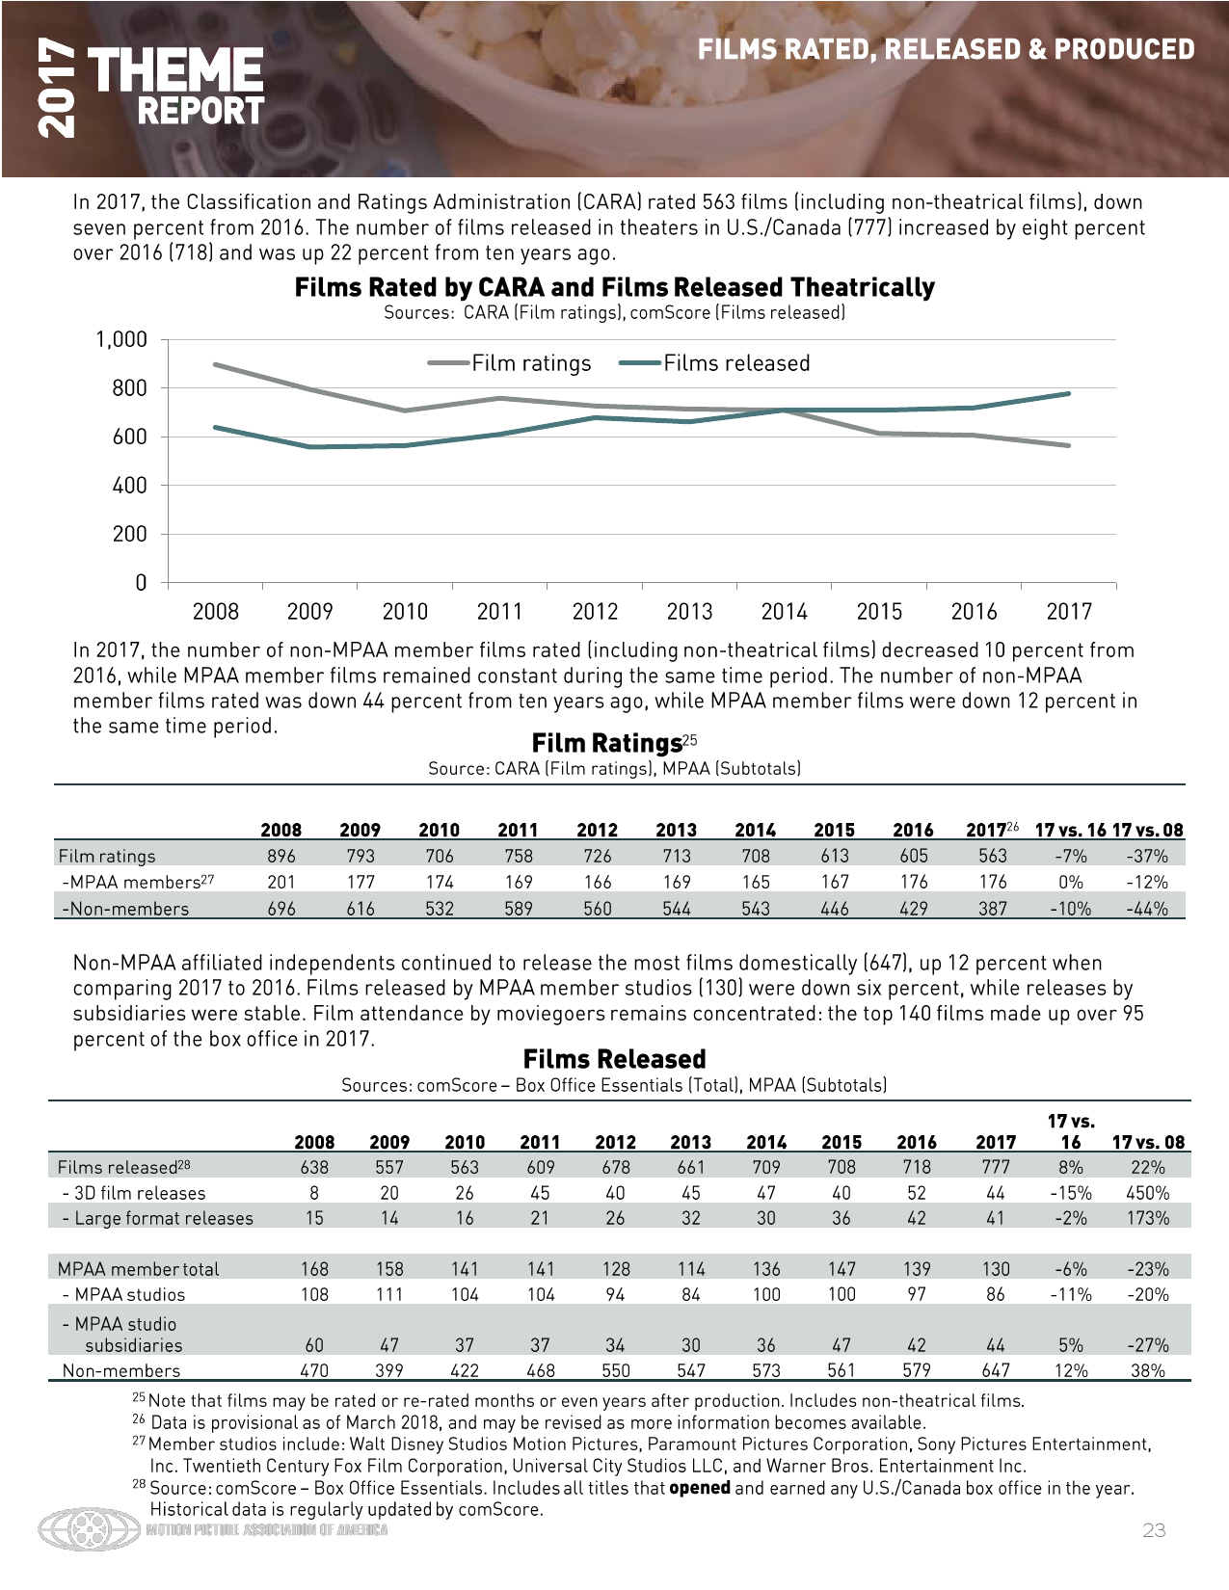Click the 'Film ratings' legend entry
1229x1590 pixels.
pos(510,363)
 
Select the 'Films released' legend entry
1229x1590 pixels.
pos(714,363)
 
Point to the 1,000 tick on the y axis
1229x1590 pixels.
pos(121,339)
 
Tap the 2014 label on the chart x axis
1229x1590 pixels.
pos(784,611)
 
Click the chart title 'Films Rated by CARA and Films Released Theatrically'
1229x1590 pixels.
pos(614,287)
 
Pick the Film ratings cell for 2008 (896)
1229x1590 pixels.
pos(281,856)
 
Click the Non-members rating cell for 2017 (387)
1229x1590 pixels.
pos(993,908)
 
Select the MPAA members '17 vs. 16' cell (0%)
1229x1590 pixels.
pos(1070,882)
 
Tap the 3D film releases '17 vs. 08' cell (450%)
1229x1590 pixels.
pos(1147,1193)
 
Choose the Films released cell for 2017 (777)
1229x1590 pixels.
pos(996,1167)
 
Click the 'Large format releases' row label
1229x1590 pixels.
pos(157,1218)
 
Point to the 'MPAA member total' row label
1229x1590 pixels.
pos(139,1269)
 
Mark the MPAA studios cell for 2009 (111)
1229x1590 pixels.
pos(388,1294)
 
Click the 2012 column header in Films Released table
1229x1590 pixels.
pos(615,1142)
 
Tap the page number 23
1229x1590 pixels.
pos(1154,1530)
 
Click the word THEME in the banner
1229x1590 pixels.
pos(174,70)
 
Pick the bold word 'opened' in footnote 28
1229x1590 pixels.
pos(699,1488)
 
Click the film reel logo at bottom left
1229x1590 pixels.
pos(89,1529)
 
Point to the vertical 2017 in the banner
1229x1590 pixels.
pos(56,88)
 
